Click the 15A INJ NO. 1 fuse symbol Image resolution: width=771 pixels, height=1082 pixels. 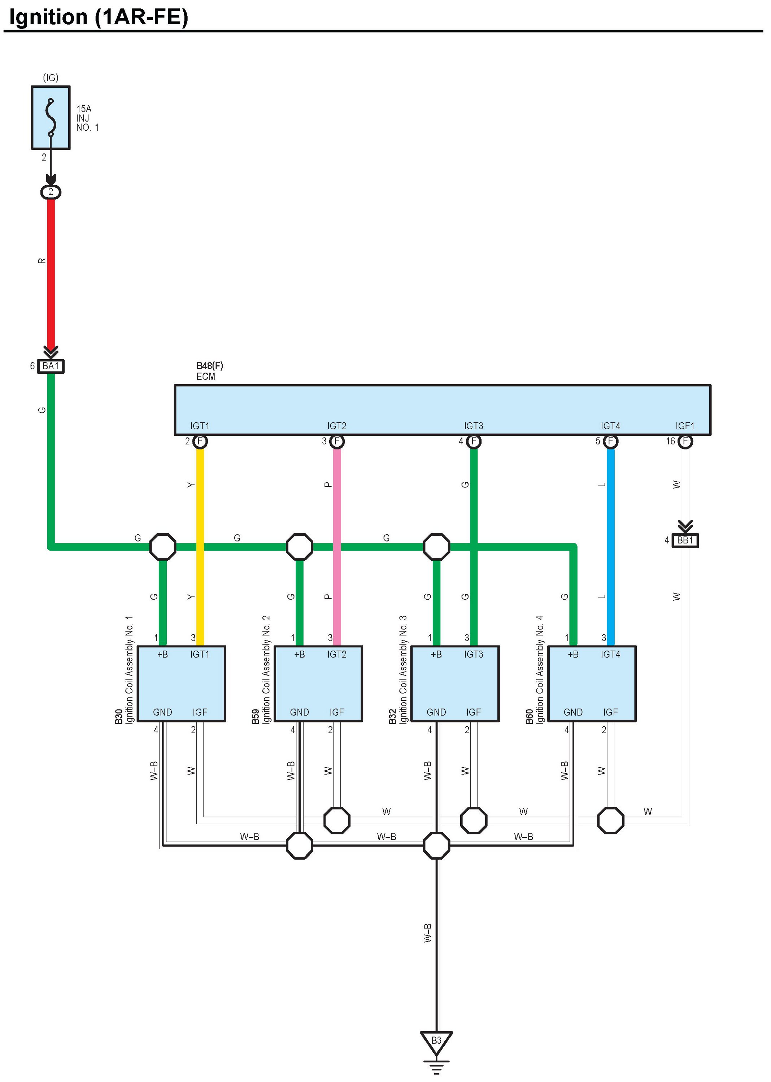click(x=51, y=118)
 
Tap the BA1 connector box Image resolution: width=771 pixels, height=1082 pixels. click(x=51, y=366)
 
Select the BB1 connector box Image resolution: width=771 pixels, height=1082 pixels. click(x=685, y=540)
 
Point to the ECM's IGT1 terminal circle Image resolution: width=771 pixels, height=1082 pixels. click(x=200, y=442)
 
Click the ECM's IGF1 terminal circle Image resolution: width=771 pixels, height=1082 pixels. click(x=685, y=442)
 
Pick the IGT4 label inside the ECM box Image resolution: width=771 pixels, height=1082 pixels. click(x=610, y=426)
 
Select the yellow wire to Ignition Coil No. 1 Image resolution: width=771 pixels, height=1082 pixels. click(x=200, y=522)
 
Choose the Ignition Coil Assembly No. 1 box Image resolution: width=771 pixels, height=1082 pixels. click(x=181, y=684)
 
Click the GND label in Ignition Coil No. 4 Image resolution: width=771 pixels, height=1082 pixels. click(x=573, y=712)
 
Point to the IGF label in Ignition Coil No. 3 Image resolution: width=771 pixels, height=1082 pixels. click(x=473, y=712)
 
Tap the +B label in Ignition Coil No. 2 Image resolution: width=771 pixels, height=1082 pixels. click(x=300, y=654)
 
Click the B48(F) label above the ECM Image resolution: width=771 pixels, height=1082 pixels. click(x=209, y=366)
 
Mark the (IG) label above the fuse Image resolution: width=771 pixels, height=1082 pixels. click(x=51, y=77)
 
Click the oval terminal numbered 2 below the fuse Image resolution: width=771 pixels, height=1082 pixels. click(x=51, y=192)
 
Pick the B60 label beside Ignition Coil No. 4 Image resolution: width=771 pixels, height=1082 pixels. click(x=530, y=717)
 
